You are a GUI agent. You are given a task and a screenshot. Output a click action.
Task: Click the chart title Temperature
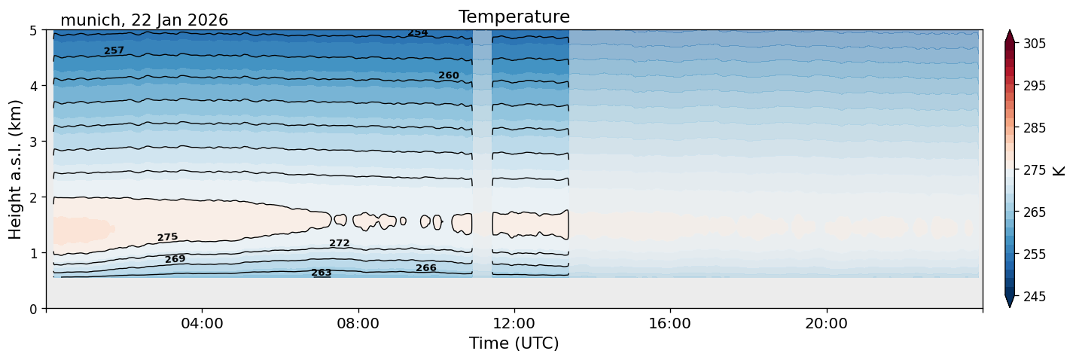(514, 17)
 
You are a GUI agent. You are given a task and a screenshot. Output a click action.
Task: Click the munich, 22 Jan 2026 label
(144, 20)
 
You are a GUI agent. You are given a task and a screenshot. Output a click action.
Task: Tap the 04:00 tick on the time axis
(203, 323)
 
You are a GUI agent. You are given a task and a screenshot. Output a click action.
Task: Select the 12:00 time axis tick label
(514, 323)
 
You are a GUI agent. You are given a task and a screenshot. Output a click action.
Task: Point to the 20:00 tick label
(826, 323)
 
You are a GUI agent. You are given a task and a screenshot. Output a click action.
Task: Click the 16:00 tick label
(670, 323)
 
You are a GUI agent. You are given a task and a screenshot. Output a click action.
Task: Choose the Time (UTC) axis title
(514, 343)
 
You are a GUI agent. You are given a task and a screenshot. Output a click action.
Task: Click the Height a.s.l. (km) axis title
(15, 169)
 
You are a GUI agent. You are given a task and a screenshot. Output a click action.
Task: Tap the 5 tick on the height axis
(33, 30)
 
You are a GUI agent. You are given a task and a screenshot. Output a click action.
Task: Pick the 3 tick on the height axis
(33, 142)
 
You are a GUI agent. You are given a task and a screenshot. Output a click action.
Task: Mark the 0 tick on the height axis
(33, 309)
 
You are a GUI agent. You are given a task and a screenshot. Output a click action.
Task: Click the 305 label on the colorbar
(1034, 44)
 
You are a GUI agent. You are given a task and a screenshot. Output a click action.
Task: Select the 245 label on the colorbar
(1034, 297)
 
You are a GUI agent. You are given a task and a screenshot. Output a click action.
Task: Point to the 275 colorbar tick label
(1034, 170)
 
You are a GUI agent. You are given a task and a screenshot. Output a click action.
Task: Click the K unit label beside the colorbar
(1058, 170)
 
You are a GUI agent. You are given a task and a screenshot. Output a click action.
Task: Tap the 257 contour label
(114, 50)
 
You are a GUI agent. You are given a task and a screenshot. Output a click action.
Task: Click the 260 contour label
(449, 75)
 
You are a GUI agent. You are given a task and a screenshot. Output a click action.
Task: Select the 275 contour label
(168, 237)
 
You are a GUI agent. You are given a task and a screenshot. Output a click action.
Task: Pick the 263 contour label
(322, 273)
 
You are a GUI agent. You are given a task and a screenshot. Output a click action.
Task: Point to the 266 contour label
(426, 267)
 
